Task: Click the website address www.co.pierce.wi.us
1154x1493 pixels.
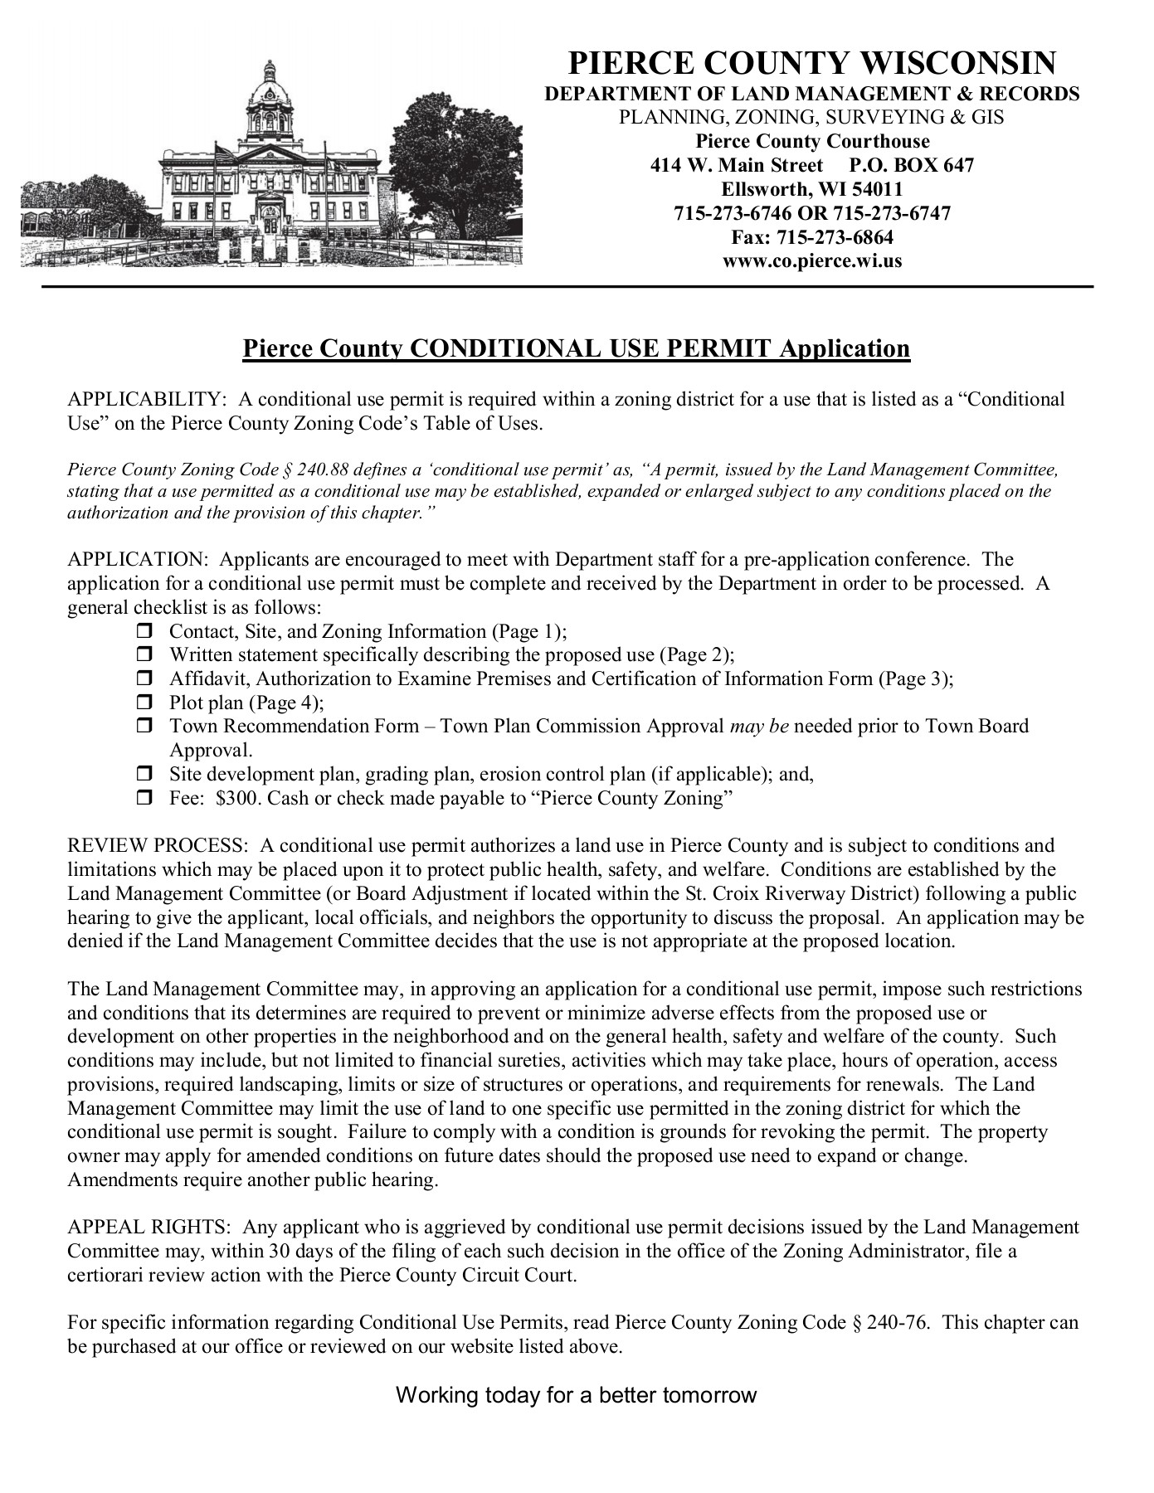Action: coord(811,261)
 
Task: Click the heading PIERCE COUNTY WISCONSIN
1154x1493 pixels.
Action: coord(811,63)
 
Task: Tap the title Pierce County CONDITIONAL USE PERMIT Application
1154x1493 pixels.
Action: coord(576,348)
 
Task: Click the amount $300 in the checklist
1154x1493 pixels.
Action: coord(236,799)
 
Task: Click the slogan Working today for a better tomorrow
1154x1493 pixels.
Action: coord(576,1395)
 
